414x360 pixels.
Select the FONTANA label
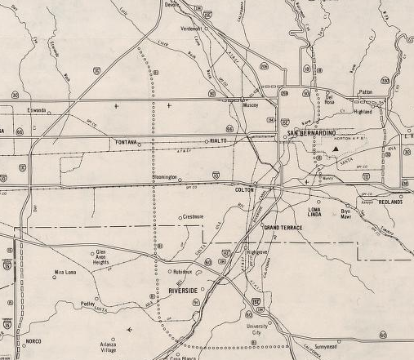pyautogui.click(x=125, y=142)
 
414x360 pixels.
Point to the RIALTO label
pyautogui.click(x=217, y=140)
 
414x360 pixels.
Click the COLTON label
pyautogui.click(x=245, y=189)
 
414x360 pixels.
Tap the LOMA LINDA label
pyautogui.click(x=314, y=211)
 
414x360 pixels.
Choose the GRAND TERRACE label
pyautogui.click(x=283, y=227)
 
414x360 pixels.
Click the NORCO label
pyautogui.click(x=33, y=340)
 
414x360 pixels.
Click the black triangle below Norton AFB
pyautogui.click(x=334, y=150)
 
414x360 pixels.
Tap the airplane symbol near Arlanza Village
pyautogui.click(x=131, y=329)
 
